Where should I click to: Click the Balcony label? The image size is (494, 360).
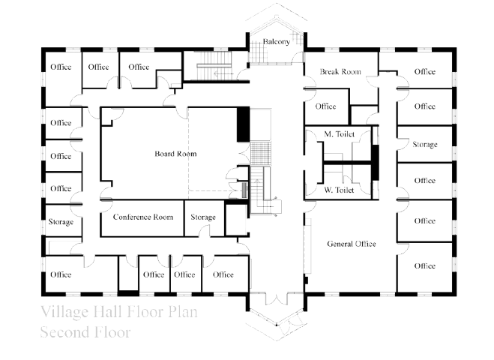tap(277, 41)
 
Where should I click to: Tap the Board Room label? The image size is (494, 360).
tap(175, 154)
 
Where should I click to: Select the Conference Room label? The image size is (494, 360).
tap(143, 217)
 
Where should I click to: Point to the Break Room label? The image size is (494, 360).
tap(340, 72)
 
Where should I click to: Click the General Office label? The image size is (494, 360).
tap(352, 244)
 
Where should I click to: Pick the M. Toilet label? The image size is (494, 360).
tap(339, 134)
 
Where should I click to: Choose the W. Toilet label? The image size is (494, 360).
tap(339, 190)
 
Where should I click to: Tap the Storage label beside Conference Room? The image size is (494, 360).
tap(203, 217)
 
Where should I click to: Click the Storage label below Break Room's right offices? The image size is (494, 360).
tap(425, 145)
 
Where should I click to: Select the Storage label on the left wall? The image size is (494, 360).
tap(61, 222)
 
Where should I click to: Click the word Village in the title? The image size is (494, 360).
tap(64, 312)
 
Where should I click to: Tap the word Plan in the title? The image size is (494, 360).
tap(183, 312)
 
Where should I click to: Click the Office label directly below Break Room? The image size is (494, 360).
tap(326, 106)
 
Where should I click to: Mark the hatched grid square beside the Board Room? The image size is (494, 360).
tap(261, 153)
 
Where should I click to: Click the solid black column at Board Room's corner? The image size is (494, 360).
tap(243, 124)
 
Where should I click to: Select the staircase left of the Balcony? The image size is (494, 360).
tap(214, 66)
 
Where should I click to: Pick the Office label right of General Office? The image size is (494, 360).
tap(425, 220)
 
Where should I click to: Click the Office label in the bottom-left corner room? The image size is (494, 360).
tap(61, 274)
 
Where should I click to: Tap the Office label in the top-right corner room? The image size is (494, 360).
tap(425, 72)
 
